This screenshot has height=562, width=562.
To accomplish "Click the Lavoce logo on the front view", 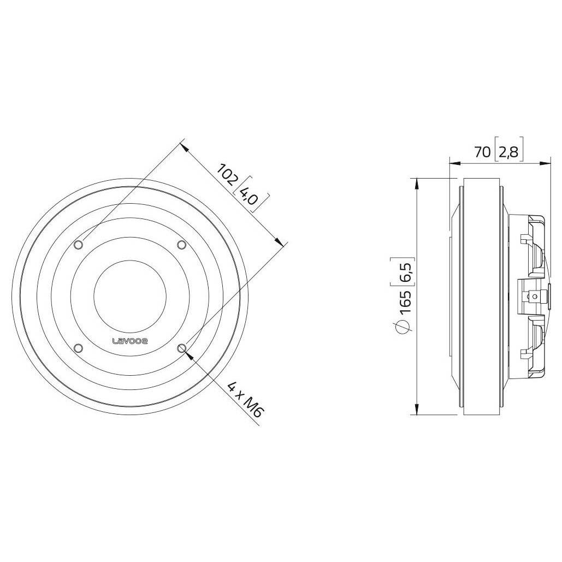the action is pyautogui.click(x=130, y=341).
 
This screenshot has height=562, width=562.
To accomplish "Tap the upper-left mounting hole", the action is pyautogui.click(x=79, y=245).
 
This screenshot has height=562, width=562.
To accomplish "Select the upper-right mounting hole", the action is pyautogui.click(x=182, y=245).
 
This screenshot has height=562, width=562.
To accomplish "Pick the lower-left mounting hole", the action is pyautogui.click(x=79, y=348).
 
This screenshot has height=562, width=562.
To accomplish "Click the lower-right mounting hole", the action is pyautogui.click(x=182, y=348).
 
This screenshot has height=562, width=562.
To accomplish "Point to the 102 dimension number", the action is pyautogui.click(x=228, y=174).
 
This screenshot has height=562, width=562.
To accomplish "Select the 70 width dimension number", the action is pyautogui.click(x=482, y=152).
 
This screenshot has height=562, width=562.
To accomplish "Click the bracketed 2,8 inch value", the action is pyautogui.click(x=508, y=152).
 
